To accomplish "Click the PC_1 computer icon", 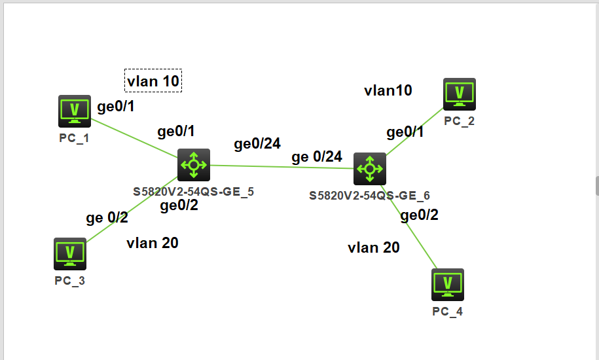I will pos(75,111).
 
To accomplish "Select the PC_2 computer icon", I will pos(459,94).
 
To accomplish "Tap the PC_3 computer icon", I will pos(69,254).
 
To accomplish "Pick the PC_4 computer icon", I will pos(448,285).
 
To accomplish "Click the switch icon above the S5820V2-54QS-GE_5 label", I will pos(194,164).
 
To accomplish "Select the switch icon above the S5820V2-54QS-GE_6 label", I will pos(370,169).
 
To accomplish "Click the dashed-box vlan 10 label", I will pos(153,81).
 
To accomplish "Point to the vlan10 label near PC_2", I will pos(388,90).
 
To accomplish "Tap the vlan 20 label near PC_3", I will pos(153,243).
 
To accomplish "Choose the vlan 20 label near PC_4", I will pos(374,247).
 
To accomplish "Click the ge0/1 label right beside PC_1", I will pos(116,107).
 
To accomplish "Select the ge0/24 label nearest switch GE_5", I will pos(257,144).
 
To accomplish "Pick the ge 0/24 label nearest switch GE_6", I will pos(317,156).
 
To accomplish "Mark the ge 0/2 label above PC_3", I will pos(107,218).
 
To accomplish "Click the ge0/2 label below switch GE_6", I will pos(419,215).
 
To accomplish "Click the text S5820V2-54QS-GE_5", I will pos(194,192).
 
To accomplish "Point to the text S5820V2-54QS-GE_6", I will pos(369,195).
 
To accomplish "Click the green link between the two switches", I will pos(281,167).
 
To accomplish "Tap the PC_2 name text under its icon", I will pos(459,120).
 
